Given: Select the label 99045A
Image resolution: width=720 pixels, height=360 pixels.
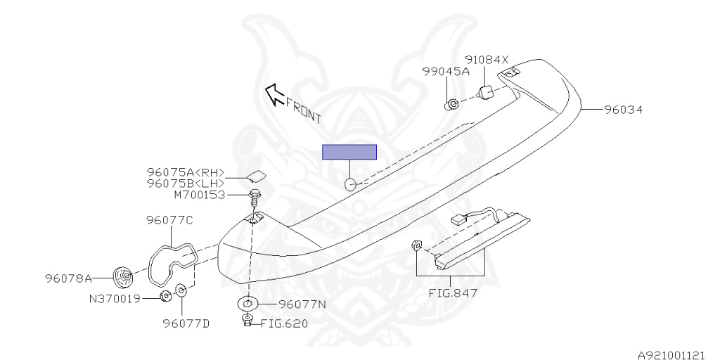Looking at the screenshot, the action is click(446, 72).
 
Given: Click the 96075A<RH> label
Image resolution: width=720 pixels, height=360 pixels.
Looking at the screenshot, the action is click(186, 172).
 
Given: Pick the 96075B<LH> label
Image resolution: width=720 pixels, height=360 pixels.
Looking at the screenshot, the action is click(186, 183).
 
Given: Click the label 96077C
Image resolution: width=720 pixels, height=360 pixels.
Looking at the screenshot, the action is click(169, 220).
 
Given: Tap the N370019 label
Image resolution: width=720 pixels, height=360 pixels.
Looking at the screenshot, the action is click(115, 298).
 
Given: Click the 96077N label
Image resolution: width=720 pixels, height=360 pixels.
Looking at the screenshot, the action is click(302, 304).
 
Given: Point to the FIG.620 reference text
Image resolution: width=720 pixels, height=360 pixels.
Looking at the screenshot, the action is click(284, 323).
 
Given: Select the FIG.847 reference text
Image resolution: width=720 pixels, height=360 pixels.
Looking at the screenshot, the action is click(454, 292).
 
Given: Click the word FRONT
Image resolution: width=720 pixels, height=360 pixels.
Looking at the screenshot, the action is click(303, 110).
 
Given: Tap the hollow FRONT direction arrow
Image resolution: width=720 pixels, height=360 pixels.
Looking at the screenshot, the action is click(273, 93).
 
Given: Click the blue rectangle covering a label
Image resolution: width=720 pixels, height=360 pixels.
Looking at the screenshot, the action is click(349, 153).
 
